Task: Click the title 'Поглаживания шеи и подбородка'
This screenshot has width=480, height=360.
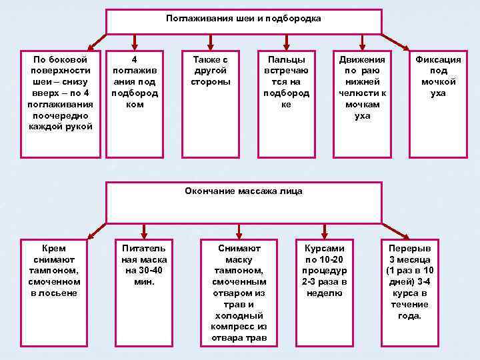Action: coord(243,19)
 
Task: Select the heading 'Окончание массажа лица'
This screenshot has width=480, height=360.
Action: coord(243,191)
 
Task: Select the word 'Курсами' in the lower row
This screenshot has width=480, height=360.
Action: coord(324,248)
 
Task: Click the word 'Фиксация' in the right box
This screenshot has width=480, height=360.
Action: coord(438,60)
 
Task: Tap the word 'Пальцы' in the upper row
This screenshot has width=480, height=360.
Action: coord(286,60)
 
